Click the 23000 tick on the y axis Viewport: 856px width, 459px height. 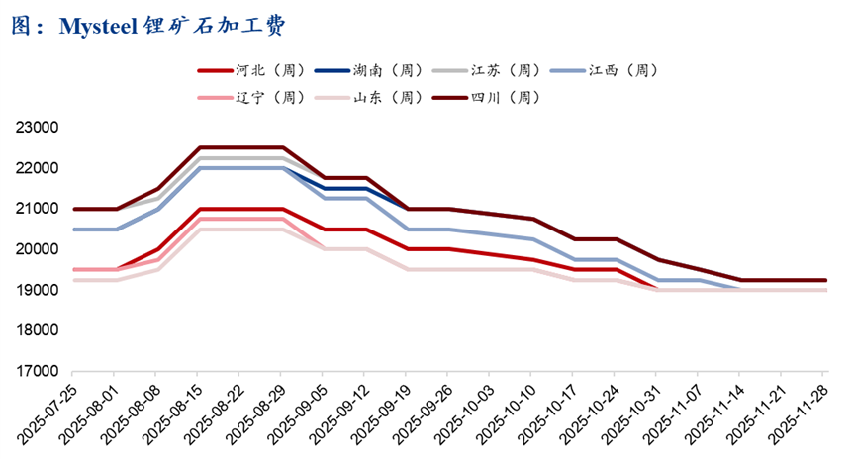coord(39,128)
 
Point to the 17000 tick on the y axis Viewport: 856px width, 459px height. coord(39,371)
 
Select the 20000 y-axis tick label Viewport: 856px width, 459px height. coord(39,249)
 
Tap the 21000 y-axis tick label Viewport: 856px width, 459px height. coord(39,209)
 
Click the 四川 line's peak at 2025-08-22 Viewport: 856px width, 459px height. coord(242,147)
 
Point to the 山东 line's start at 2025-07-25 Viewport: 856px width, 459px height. coord(75,280)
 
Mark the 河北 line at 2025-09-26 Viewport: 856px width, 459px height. coord(450,249)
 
